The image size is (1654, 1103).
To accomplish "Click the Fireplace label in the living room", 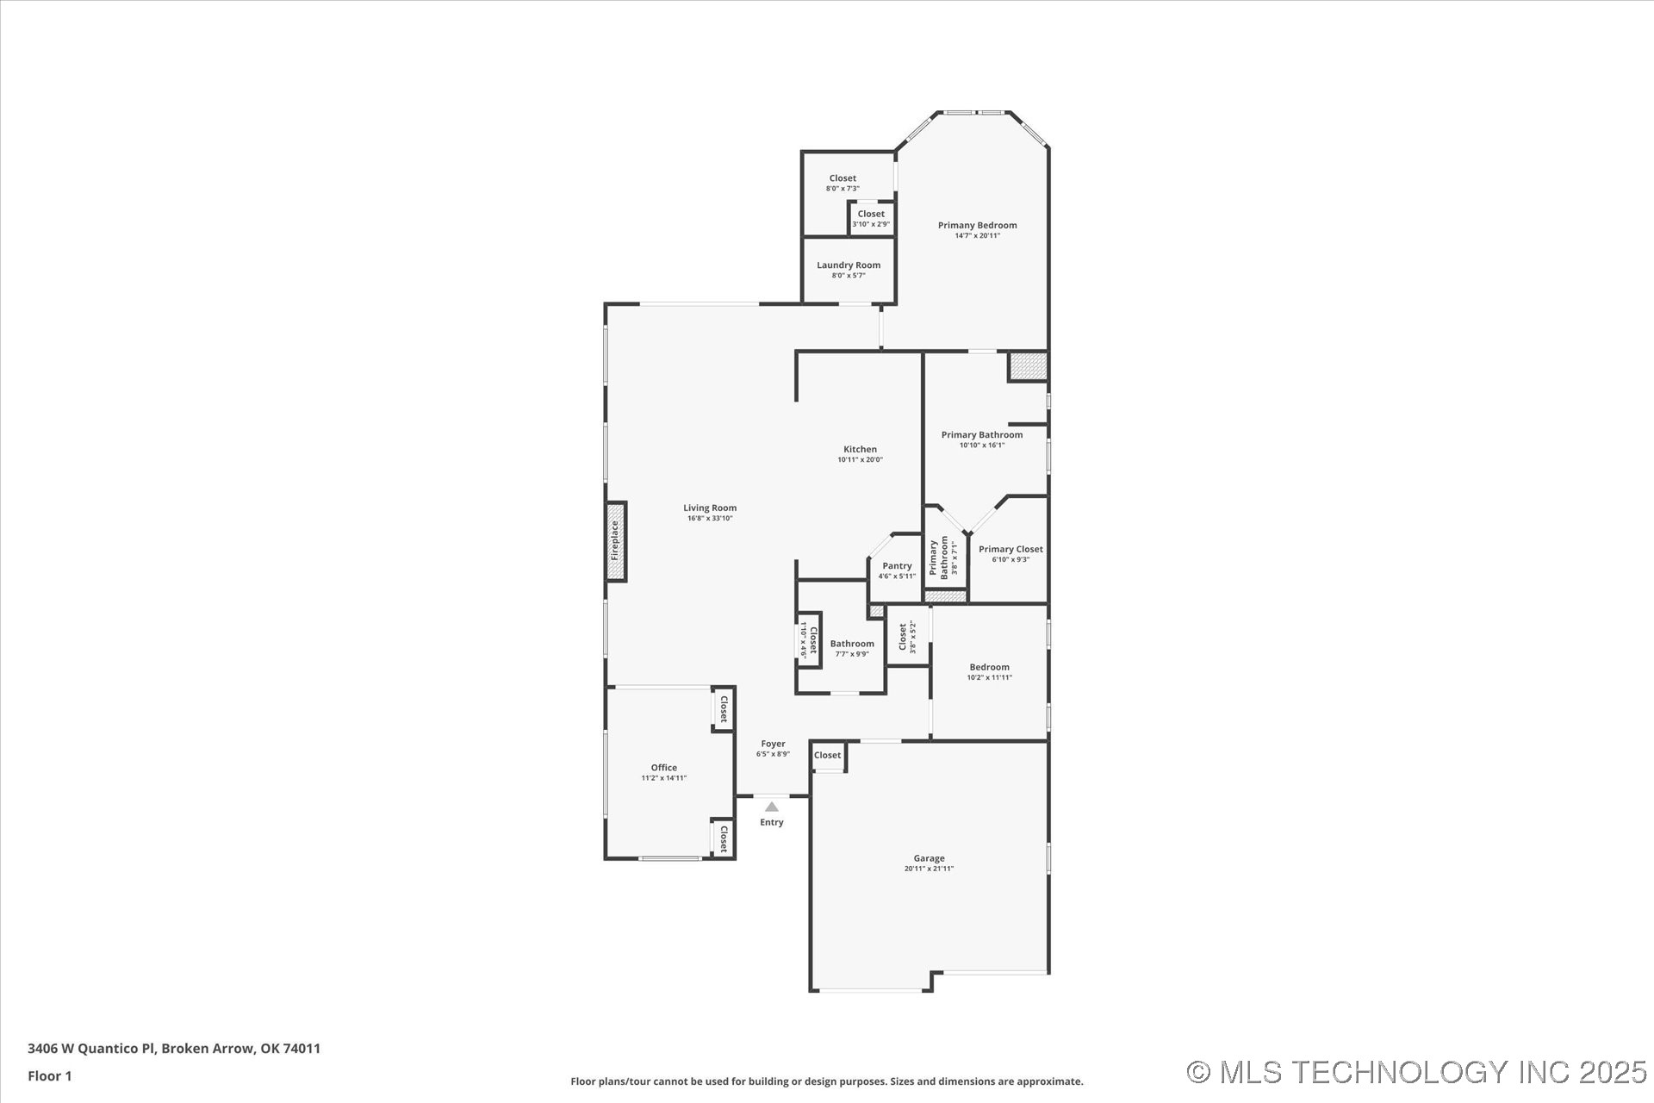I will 615,541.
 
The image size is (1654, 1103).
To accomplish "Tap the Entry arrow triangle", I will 772,807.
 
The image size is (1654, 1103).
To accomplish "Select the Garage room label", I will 929,858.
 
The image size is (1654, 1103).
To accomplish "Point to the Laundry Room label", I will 849,265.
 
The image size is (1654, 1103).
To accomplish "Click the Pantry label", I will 897,566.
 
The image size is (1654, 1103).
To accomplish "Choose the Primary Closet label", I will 1010,549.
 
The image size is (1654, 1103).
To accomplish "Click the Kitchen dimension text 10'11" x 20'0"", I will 860,460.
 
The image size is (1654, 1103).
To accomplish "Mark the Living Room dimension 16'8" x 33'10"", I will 710,519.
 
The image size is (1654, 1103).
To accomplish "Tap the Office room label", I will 663,768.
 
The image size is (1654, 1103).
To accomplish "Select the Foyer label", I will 773,744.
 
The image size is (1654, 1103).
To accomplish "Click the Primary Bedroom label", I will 977,226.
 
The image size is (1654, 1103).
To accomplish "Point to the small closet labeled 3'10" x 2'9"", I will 871,219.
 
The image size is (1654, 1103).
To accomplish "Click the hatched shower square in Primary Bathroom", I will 1029,366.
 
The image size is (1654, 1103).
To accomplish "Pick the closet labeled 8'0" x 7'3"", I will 843,183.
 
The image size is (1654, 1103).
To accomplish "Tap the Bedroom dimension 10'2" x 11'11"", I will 989,678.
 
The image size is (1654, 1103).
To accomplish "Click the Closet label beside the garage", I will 827,756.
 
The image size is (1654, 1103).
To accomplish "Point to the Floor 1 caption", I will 50,1075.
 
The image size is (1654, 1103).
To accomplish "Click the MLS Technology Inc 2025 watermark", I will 1416,1072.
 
